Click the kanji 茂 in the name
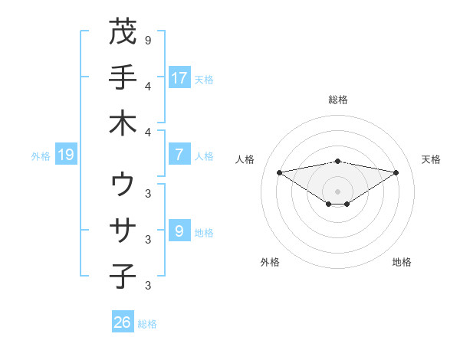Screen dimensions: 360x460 click(123, 32)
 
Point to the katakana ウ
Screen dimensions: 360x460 click(123, 185)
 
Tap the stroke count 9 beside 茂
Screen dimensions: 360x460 click(147, 40)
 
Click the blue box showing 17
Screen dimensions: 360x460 click(179, 78)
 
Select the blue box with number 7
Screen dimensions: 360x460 click(179, 155)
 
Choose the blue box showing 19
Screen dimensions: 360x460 click(66, 155)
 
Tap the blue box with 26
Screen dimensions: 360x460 click(123, 323)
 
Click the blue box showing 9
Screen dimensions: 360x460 click(179, 231)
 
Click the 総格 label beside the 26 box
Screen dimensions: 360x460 click(147, 324)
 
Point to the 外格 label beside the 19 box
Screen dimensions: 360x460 click(41, 156)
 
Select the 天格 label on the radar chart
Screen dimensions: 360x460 click(431, 159)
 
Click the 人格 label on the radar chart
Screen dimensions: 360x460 click(245, 159)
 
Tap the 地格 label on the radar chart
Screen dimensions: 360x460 click(402, 262)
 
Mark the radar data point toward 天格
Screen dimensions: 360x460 click(396, 172)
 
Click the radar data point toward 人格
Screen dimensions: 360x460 click(279, 172)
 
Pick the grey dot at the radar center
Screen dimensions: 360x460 click(337, 191)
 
